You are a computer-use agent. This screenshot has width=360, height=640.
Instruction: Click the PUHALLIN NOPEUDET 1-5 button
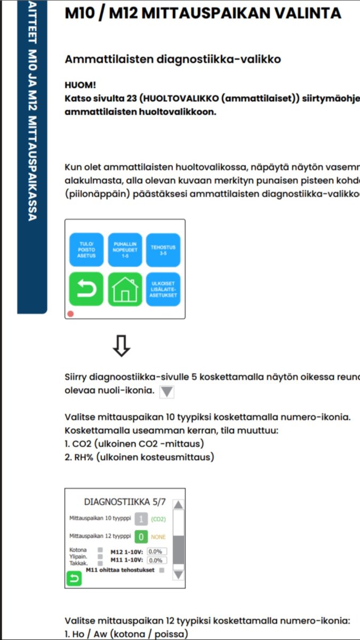click(x=125, y=250)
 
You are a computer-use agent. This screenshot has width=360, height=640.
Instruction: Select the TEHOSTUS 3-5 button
click(x=163, y=250)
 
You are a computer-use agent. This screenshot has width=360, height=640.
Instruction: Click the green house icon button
click(x=125, y=290)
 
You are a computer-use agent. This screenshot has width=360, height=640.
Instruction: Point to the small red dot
click(x=70, y=314)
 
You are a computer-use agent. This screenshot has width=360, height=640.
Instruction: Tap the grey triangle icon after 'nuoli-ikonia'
click(x=167, y=392)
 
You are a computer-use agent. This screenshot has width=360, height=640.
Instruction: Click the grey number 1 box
click(x=141, y=518)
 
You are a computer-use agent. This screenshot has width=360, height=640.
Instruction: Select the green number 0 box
click(x=141, y=537)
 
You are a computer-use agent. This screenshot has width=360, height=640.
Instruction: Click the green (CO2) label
click(x=159, y=518)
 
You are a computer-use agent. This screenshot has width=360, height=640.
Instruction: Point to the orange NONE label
click(x=159, y=537)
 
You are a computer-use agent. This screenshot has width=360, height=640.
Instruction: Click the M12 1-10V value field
click(x=157, y=551)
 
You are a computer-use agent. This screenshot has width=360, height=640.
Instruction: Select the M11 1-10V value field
click(x=157, y=561)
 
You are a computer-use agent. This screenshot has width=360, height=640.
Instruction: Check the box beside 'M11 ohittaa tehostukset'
click(x=162, y=570)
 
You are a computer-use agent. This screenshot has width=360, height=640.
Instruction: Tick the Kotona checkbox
click(x=100, y=549)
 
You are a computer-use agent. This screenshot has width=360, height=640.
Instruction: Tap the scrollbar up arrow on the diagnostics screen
click(x=179, y=505)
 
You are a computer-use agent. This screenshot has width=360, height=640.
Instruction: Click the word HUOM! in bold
click(x=76, y=85)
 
